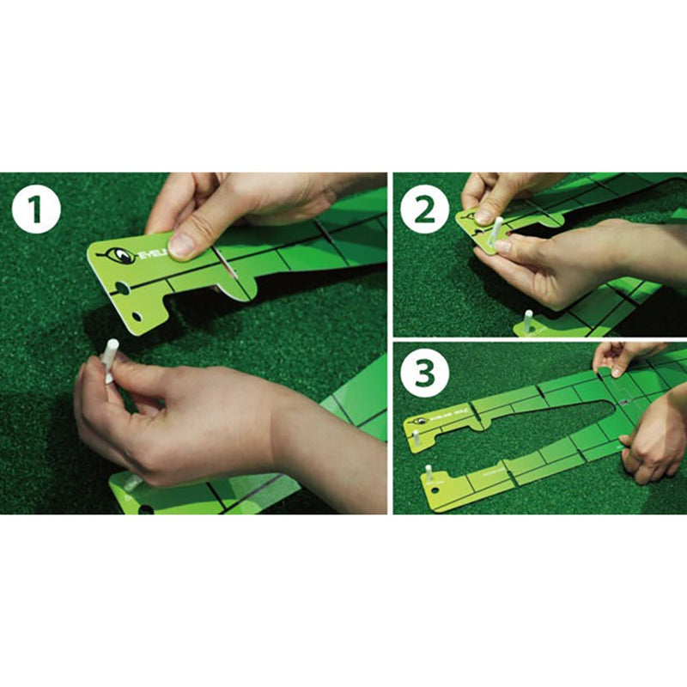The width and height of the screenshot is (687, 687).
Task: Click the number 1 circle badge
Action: (x=36, y=210)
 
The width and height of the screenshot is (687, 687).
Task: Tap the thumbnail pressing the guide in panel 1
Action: (x=182, y=246)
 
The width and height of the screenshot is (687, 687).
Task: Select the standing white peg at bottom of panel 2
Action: (x=527, y=319)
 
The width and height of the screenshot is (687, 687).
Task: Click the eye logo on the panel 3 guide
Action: (x=421, y=422)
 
